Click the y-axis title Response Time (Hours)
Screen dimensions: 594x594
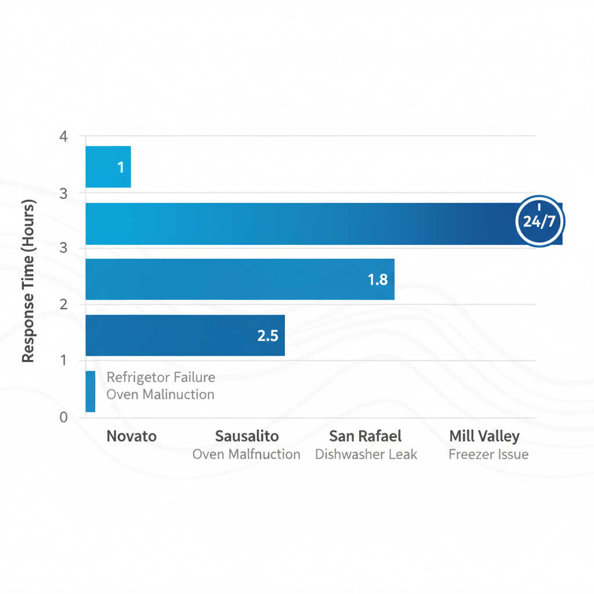[28, 281]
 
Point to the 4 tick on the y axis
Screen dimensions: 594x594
[64, 137]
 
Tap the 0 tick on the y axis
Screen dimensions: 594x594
[64, 417]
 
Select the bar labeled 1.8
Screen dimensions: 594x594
[240, 280]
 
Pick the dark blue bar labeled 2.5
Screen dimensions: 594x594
[185, 335]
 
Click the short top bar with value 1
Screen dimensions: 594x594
[108, 167]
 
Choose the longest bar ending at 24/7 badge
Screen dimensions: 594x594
[302, 223]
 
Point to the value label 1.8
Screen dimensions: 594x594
[378, 280]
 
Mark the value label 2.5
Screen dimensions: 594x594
[267, 335]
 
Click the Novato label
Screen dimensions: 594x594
[132, 436]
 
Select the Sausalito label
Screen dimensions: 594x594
[247, 436]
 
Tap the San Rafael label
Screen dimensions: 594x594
[365, 436]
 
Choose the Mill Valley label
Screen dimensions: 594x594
[484, 436]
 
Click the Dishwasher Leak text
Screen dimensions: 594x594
[365, 454]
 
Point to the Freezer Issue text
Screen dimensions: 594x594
[488, 454]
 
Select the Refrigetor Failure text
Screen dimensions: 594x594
[161, 378]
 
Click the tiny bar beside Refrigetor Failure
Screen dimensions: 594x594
[90, 392]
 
